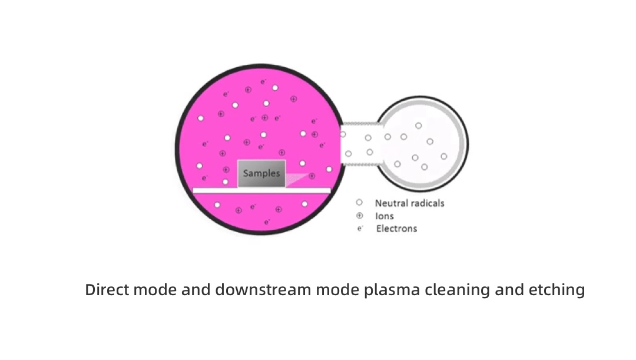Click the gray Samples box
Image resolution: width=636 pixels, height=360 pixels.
pos(261,174)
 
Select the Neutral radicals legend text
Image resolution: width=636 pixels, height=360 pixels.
pos(409,203)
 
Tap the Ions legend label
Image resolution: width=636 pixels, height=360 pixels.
pos(385,216)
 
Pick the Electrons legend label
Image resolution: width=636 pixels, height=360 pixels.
pos(396,229)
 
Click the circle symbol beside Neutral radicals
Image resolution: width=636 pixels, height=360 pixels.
pos(359,203)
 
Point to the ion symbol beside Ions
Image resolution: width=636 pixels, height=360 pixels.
pos(359,216)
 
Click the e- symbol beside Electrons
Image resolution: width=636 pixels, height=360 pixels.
pos(360,229)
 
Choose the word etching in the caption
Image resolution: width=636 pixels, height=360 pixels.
pos(559,290)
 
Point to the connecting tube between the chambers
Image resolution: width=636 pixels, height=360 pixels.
pos(359,145)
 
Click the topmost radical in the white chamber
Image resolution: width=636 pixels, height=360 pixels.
pos(419,125)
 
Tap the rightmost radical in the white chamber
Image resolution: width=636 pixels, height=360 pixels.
pos(443,156)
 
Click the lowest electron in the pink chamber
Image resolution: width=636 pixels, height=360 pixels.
pos(267,222)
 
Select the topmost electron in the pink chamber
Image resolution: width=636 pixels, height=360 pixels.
pos(263,81)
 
